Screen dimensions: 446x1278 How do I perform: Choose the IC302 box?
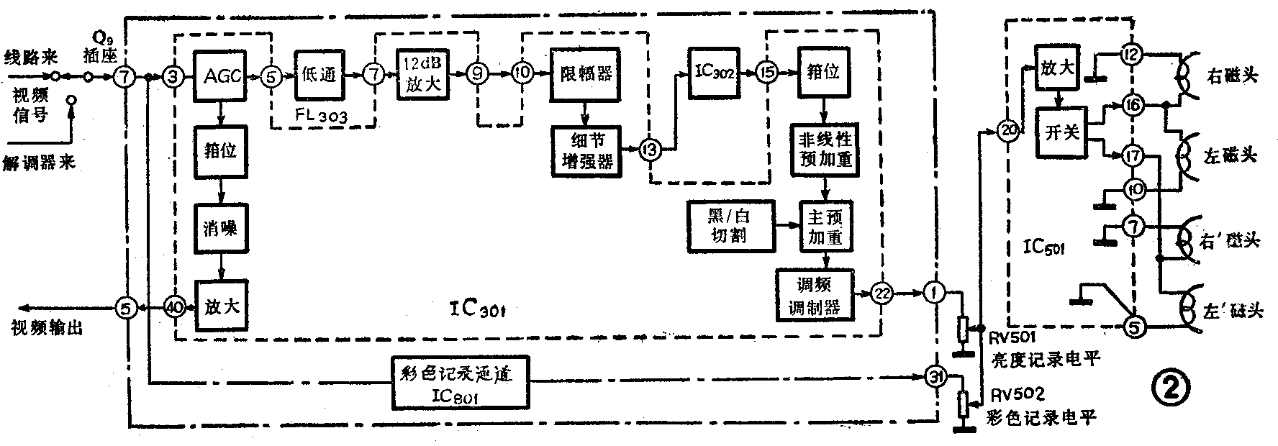pyautogui.click(x=712, y=73)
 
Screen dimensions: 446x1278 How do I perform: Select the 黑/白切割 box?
pyautogui.click(x=730, y=225)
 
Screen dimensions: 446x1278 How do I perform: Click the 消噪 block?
pyautogui.click(x=220, y=228)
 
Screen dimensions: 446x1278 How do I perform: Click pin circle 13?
pyautogui.click(x=651, y=150)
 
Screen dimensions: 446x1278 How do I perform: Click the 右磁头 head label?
pyautogui.click(x=1232, y=75)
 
